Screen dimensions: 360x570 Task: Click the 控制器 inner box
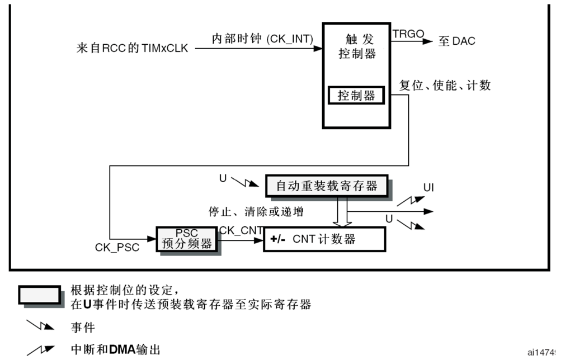click(x=356, y=96)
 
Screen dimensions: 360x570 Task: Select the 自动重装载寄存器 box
click(x=327, y=186)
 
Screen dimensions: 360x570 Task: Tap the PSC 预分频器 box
click(x=186, y=239)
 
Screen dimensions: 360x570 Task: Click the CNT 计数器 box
click(x=324, y=239)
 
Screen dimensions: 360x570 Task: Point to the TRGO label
click(x=408, y=34)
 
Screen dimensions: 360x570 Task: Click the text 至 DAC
click(x=456, y=41)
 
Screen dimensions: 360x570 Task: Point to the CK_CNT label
click(x=241, y=230)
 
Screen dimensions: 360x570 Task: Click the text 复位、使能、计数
click(x=445, y=85)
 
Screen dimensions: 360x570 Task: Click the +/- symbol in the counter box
click(x=278, y=240)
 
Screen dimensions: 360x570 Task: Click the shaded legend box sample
click(x=40, y=295)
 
